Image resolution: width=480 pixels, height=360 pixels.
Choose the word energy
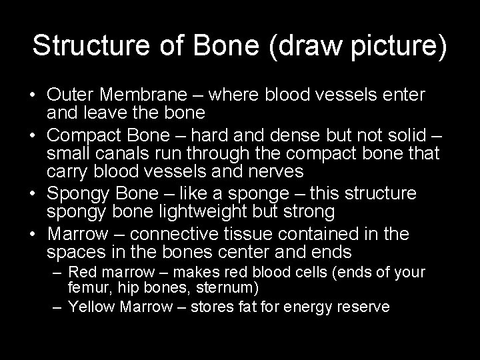[x=309, y=308]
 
